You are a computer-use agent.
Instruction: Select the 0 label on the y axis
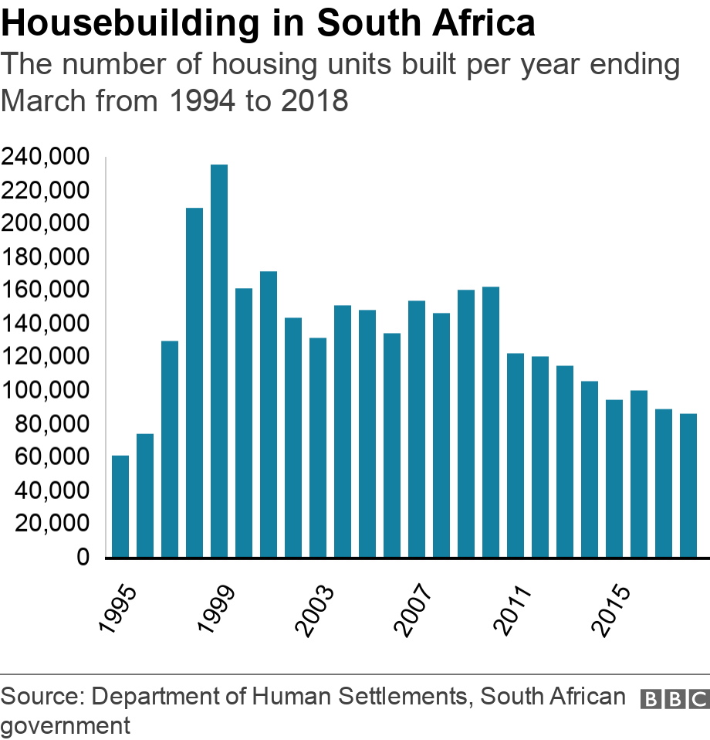point(83,557)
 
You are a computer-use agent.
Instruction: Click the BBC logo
point(674,699)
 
